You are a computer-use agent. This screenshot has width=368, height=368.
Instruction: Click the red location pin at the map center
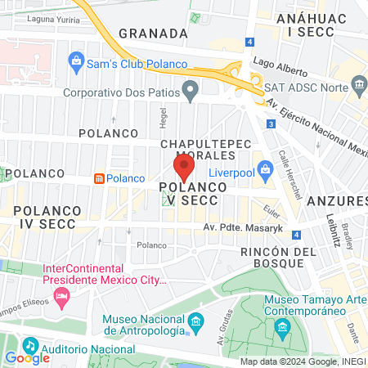[184, 168]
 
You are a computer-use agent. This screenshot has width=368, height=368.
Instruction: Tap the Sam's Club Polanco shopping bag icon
[76, 60]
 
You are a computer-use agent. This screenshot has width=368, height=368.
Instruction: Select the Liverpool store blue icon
[265, 170]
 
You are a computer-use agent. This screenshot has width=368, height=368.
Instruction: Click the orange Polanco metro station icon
[99, 177]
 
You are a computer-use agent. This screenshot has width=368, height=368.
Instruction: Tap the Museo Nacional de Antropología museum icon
[195, 324]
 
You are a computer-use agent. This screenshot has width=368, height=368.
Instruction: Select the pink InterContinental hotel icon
[60, 294]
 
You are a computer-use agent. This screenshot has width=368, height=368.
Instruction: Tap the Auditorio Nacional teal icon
[30, 346]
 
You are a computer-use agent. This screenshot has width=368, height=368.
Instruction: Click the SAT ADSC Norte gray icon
[359, 86]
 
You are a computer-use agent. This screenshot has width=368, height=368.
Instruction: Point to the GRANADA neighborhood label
[152, 34]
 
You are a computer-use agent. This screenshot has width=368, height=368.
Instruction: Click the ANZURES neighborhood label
[342, 200]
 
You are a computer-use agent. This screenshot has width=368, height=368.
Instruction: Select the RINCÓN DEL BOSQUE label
[278, 260]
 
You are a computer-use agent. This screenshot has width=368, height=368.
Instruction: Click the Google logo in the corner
[27, 357]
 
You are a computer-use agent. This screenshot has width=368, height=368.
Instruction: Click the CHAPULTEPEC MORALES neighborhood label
[203, 150]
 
